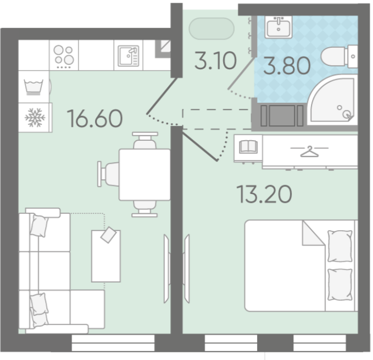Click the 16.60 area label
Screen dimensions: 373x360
tap(94, 118)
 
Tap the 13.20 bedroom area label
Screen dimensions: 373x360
tap(264, 194)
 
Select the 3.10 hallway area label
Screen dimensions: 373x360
tap(215, 60)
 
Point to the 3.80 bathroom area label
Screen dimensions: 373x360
tap(287, 65)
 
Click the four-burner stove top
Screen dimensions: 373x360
tap(64, 55)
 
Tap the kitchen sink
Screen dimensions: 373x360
tap(129, 56)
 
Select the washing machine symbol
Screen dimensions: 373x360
tap(34, 87)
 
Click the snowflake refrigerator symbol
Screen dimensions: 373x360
tap(35, 118)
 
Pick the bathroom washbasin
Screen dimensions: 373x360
tap(279, 26)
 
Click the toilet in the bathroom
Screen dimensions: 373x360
tap(339, 57)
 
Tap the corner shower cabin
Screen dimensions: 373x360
tap(332, 100)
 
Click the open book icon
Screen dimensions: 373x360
tap(248, 147)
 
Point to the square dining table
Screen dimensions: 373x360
tap(144, 174)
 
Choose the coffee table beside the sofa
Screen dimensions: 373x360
tap(106, 256)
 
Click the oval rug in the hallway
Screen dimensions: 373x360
tap(211, 29)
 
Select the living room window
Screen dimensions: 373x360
tap(113, 342)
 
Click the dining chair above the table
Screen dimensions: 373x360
tap(145, 141)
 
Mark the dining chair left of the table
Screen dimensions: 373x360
tap(108, 174)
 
